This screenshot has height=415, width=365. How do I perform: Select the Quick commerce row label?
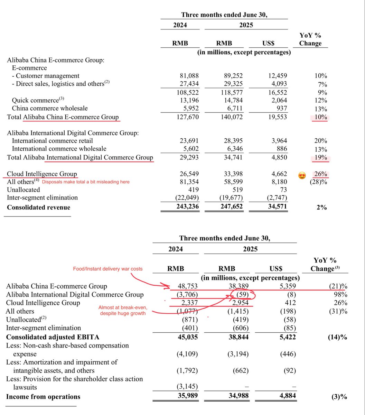coord(35,100)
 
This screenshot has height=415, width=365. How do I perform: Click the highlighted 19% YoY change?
coord(321,158)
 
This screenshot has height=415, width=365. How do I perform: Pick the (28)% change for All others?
coord(319,182)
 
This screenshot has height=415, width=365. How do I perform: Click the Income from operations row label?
coord(43,397)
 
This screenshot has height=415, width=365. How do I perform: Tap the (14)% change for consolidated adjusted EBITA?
coord(337,337)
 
